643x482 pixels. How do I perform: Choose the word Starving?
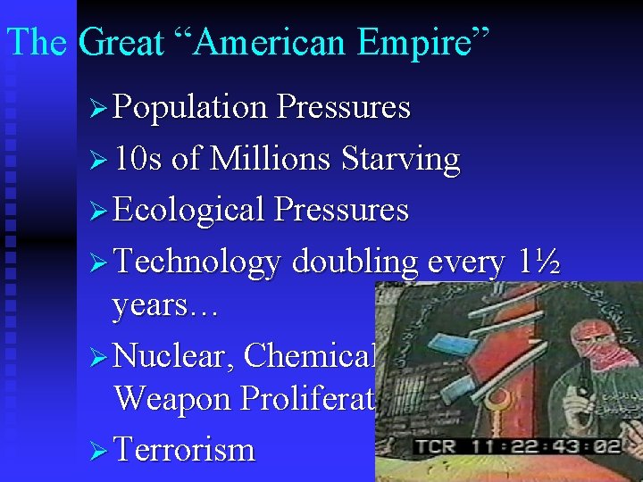[400, 161]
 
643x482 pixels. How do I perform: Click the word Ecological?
[190, 211]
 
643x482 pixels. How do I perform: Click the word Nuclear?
[174, 355]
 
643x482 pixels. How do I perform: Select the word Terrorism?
[184, 449]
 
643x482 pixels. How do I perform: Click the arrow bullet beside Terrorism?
[99, 450]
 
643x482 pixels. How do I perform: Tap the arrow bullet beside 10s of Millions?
[99, 161]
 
